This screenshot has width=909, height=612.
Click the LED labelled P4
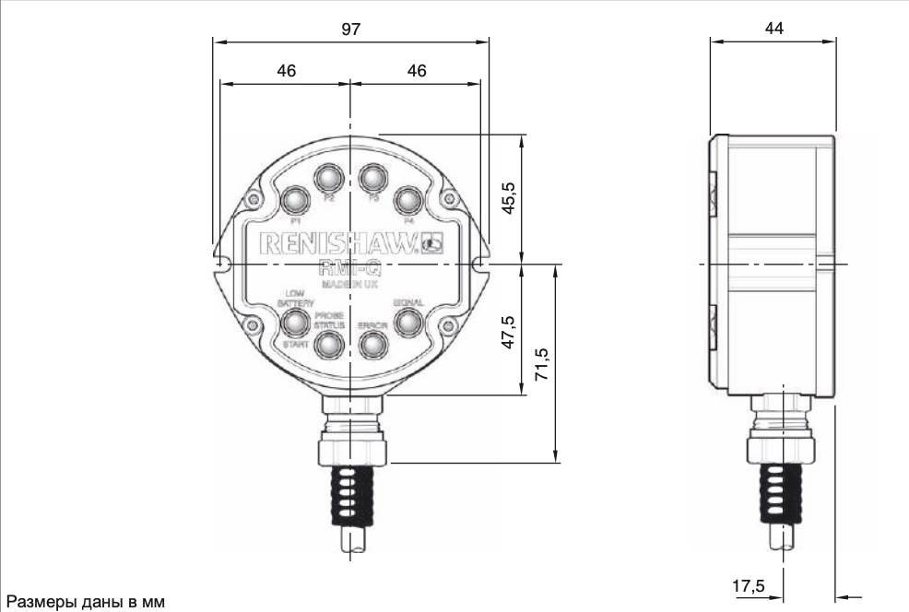click(x=407, y=198)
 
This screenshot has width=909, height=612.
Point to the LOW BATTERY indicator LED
click(x=295, y=322)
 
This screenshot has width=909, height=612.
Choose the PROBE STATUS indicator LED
click(x=329, y=344)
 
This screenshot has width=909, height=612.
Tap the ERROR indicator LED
click(x=372, y=344)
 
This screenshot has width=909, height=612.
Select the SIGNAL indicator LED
click(x=407, y=322)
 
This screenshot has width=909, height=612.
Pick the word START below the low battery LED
click(x=295, y=344)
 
